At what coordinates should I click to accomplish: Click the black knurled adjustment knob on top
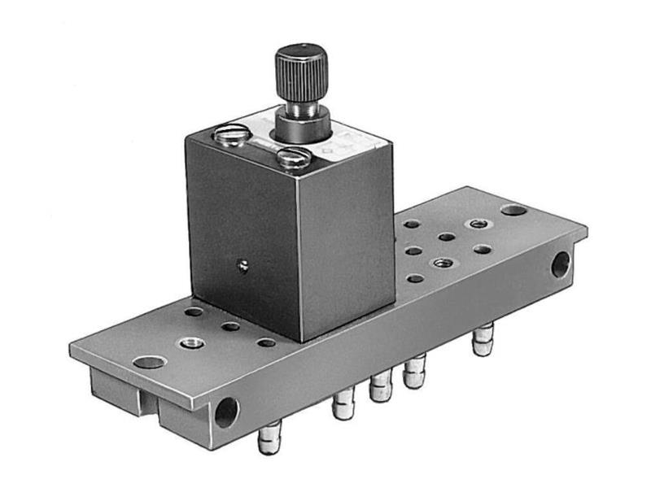(x=301, y=72)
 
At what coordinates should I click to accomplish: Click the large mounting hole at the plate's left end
(x=149, y=362)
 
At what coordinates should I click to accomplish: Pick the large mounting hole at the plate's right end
(x=513, y=210)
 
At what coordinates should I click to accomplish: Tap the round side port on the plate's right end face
(x=561, y=264)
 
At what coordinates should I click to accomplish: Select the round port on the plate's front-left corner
(x=226, y=412)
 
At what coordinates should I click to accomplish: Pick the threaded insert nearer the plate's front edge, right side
(x=442, y=263)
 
